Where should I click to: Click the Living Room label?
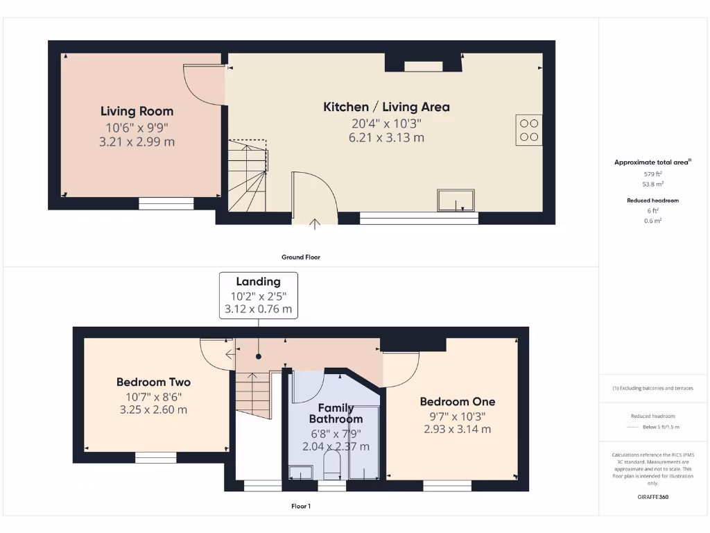pyautogui.click(x=137, y=111)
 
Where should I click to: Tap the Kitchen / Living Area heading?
pyautogui.click(x=386, y=107)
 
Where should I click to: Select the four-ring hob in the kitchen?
pyautogui.click(x=528, y=130)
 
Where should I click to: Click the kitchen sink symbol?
pyautogui.click(x=456, y=200)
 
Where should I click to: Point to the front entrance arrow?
pyautogui.click(x=315, y=223)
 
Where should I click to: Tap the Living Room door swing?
pyautogui.click(x=205, y=83)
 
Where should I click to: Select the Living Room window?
pyautogui.click(x=166, y=203)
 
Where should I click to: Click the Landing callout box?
pyautogui.click(x=259, y=295)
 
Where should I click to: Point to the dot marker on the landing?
pyautogui.click(x=259, y=357)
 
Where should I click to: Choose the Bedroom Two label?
pyautogui.click(x=153, y=382)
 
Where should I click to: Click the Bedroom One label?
pyautogui.click(x=458, y=401)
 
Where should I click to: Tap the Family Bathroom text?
pyautogui.click(x=336, y=414)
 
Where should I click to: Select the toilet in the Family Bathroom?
pyautogui.click(x=332, y=466)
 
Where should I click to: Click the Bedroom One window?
pyautogui.click(x=442, y=485)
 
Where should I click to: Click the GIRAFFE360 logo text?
pyautogui.click(x=652, y=497)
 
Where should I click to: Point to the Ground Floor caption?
pyautogui.click(x=300, y=257)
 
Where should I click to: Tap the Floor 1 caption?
pyautogui.click(x=300, y=507)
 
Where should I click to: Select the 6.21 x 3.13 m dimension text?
pyautogui.click(x=386, y=137)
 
